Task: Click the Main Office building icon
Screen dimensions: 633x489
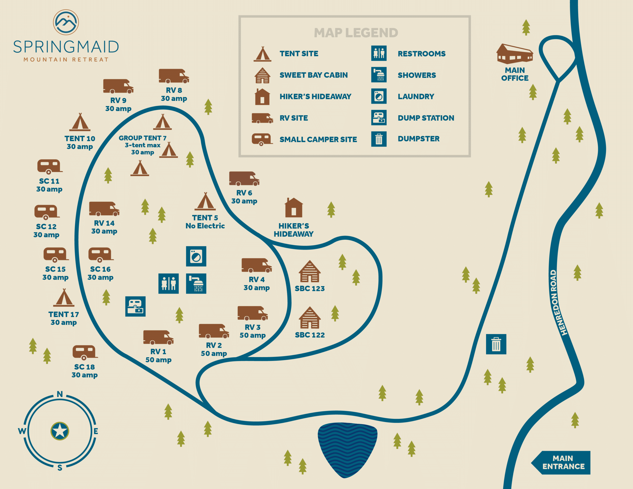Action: (x=515, y=54)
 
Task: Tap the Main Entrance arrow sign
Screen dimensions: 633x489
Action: (x=561, y=463)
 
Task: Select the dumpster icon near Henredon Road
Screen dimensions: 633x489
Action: (x=496, y=344)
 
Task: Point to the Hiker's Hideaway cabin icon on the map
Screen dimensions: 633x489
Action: (x=294, y=208)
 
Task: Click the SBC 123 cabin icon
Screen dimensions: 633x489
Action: (x=310, y=271)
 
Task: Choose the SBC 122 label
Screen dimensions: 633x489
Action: (x=310, y=335)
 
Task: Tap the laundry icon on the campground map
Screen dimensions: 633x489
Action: (x=196, y=256)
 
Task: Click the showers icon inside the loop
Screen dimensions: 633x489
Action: (x=196, y=284)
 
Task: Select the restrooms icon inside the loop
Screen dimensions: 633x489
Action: (x=168, y=284)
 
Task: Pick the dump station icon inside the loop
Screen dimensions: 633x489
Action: (x=135, y=306)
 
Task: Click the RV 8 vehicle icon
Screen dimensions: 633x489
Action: (x=174, y=76)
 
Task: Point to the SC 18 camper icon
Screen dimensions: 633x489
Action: (x=85, y=353)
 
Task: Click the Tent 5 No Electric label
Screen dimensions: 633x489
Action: (x=205, y=222)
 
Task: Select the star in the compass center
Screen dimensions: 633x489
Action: (x=60, y=431)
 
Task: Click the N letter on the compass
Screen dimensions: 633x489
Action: (x=60, y=394)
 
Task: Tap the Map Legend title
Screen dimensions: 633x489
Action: (x=356, y=33)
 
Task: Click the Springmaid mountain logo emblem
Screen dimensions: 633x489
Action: (x=66, y=22)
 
